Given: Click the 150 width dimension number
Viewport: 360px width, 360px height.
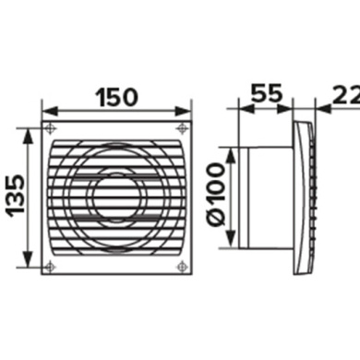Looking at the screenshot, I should (x=116, y=95).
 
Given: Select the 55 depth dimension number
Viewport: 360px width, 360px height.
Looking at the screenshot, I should (x=267, y=94).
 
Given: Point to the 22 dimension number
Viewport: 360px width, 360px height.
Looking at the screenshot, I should (x=347, y=94).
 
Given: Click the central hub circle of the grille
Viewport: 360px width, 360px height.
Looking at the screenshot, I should (x=116, y=196).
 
